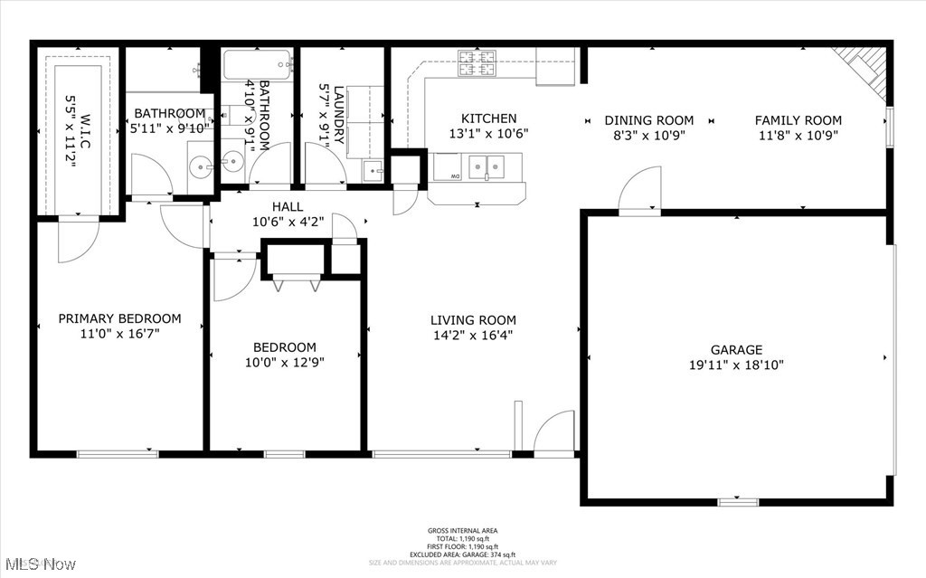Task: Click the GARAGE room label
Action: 735,349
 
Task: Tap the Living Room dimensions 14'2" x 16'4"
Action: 473,335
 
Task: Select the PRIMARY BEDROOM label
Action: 119,318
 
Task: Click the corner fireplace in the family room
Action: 865,69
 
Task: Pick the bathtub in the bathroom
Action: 258,64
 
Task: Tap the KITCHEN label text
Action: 489,118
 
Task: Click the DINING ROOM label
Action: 649,120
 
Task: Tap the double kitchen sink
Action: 486,166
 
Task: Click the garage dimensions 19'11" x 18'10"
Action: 735,365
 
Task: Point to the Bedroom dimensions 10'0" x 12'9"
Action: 284,362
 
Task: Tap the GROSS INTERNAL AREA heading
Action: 462,531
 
